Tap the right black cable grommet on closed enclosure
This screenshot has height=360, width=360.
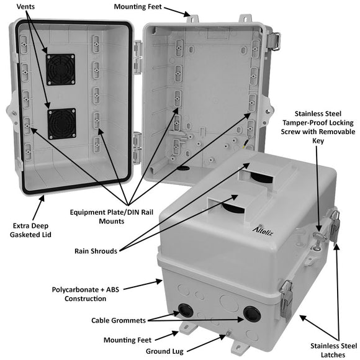(x=251, y=314)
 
